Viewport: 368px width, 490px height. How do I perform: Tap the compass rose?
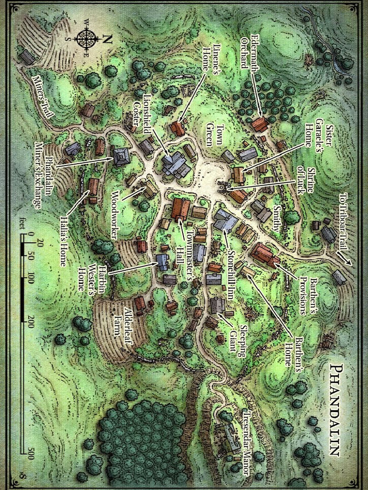tap(87, 40)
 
